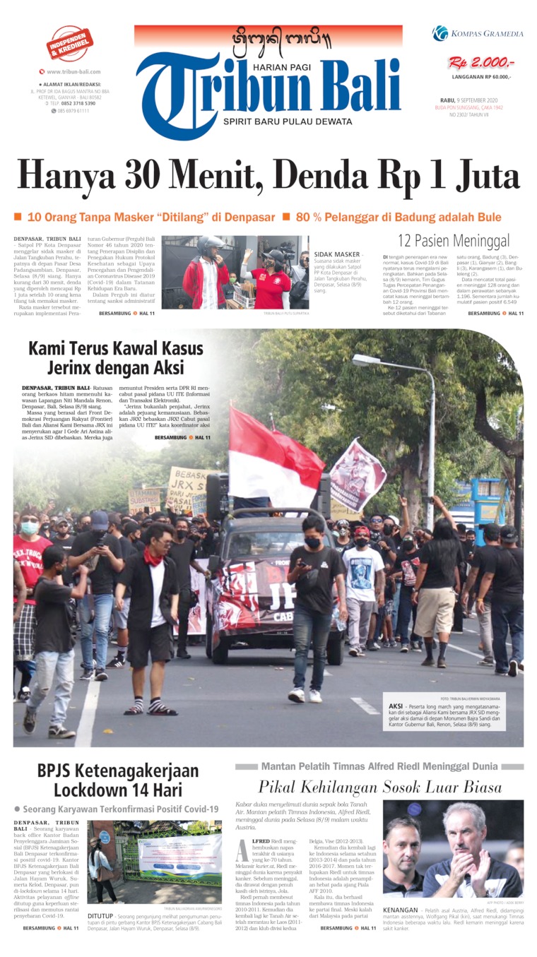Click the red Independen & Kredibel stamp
70,43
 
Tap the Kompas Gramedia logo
478,33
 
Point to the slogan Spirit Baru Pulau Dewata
287,121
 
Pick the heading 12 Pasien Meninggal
453,242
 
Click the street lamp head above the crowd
367,359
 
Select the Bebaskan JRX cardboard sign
189,487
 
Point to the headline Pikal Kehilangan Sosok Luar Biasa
379,786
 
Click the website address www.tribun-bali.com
73,71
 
